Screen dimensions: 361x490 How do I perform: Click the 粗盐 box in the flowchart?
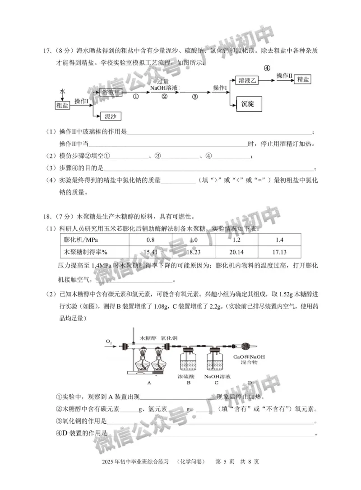pyautogui.click(x=62, y=105)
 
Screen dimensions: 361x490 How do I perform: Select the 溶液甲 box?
pyautogui.click(x=112, y=92)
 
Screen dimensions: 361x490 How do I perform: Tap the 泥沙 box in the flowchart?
pyautogui.click(x=110, y=116)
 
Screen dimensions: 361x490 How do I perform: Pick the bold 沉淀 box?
pyautogui.click(x=248, y=104)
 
